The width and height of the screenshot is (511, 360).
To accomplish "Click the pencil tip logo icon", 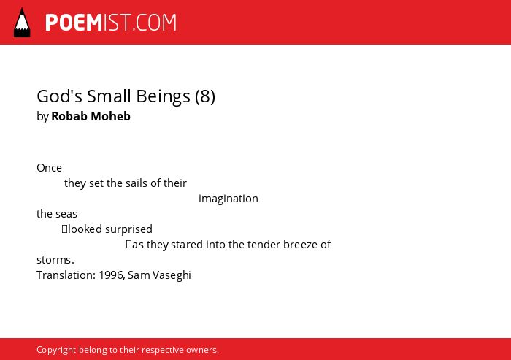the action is pyautogui.click(x=22, y=23).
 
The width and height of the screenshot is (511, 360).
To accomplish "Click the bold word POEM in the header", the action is pyautogui.click(x=74, y=23).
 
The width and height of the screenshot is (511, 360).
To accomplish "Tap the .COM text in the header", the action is pyautogui.click(x=155, y=23).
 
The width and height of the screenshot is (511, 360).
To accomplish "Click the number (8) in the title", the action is pyautogui.click(x=205, y=96).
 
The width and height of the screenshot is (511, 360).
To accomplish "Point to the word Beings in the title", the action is pyautogui.click(x=163, y=97).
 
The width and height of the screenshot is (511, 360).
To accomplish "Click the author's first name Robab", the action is pyautogui.click(x=69, y=116).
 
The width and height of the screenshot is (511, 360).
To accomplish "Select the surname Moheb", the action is pyautogui.click(x=110, y=116).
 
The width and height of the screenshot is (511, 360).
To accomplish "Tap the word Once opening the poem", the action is pyautogui.click(x=49, y=168).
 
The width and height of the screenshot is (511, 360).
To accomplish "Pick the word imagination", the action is pyautogui.click(x=228, y=199).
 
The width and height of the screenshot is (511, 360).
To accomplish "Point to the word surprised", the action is pyautogui.click(x=128, y=229).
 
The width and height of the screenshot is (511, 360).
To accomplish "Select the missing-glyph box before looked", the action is pyautogui.click(x=64, y=229).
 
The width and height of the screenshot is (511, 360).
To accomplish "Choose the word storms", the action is pyautogui.click(x=55, y=260).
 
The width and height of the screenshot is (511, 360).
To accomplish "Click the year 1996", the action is pyautogui.click(x=112, y=275).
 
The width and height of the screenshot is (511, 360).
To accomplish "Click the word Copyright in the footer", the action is pyautogui.click(x=56, y=350).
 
